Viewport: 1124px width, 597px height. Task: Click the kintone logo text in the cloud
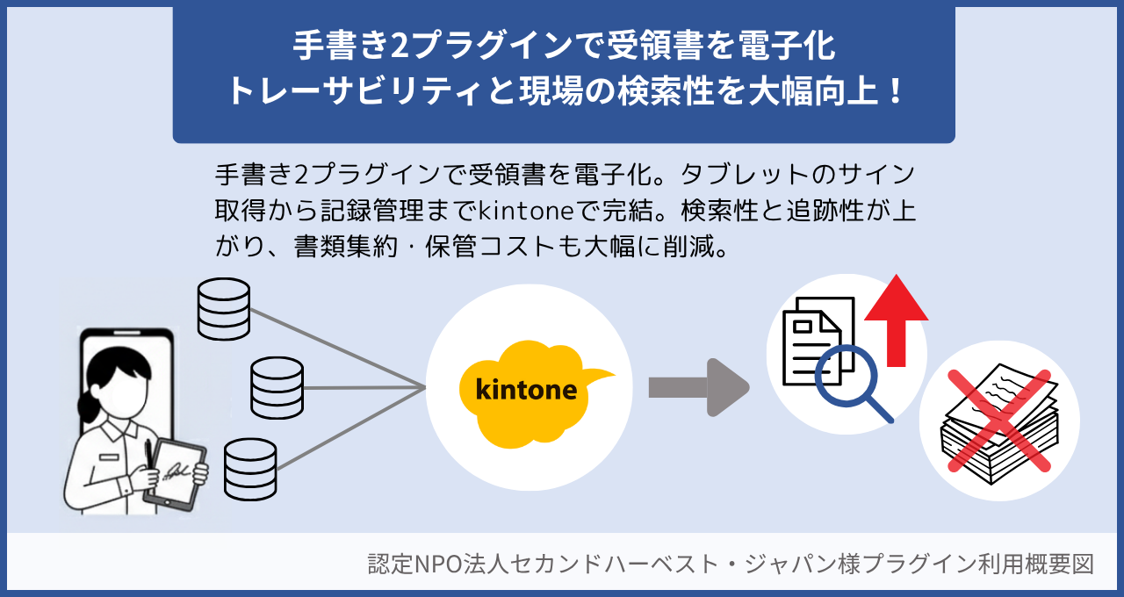click(526, 389)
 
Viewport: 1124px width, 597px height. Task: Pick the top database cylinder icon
click(224, 309)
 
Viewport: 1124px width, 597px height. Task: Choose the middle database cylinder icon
click(277, 387)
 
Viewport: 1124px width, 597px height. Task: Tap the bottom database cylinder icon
click(250, 469)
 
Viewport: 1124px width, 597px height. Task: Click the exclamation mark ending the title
click(895, 91)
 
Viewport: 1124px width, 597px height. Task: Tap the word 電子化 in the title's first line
click(787, 47)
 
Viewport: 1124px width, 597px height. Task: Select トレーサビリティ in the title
click(352, 91)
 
